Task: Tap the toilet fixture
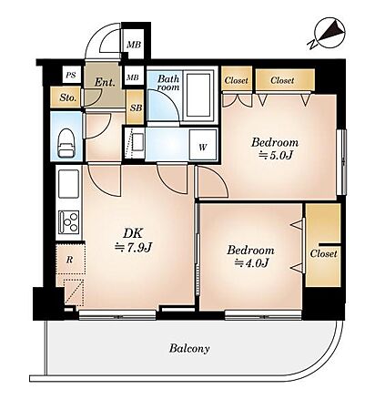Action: coord(66,143)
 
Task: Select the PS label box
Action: coord(71,75)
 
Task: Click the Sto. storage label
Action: coord(67,97)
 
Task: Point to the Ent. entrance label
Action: coord(105,82)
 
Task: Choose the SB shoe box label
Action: coord(137,108)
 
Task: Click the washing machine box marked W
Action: coord(203,145)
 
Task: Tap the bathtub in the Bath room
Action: coord(198,95)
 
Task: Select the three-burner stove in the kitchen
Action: coord(69,222)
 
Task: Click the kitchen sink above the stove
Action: coord(69,184)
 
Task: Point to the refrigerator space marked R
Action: coord(70,259)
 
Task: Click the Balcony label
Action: coord(189,348)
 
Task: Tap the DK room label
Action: coord(133,233)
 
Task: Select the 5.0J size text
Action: coord(275,156)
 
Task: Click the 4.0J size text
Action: coord(252,263)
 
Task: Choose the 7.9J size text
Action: coord(133,248)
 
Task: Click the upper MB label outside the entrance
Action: coord(134,45)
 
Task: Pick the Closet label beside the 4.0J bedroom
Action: coord(323,253)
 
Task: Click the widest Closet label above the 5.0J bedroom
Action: coord(282,80)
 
